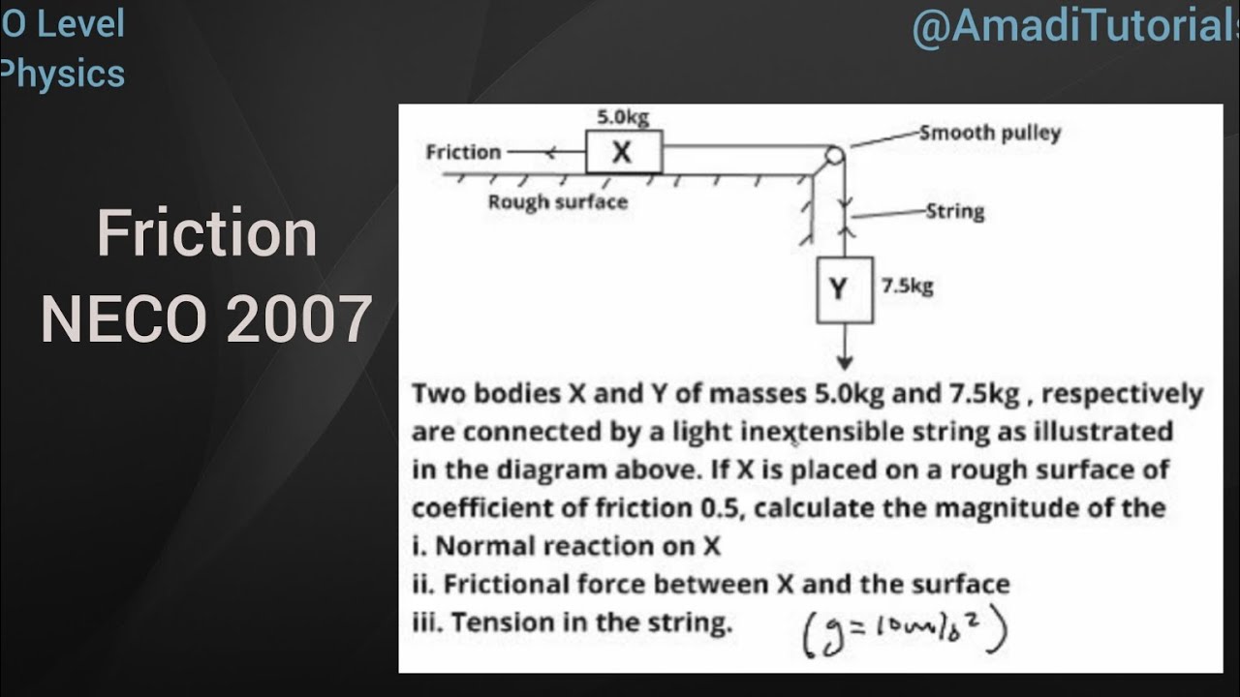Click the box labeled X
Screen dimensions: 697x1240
pos(623,152)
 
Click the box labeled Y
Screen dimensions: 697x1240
pos(845,288)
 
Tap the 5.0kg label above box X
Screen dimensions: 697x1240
pos(622,117)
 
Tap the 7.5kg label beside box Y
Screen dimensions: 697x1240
pos(907,287)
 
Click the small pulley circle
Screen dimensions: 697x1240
pos(833,156)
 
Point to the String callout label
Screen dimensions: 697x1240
pos(954,211)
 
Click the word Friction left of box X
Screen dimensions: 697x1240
pos(463,152)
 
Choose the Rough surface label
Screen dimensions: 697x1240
pos(557,202)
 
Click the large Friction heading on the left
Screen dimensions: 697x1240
pos(206,234)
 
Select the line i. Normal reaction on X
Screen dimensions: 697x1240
pos(567,546)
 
